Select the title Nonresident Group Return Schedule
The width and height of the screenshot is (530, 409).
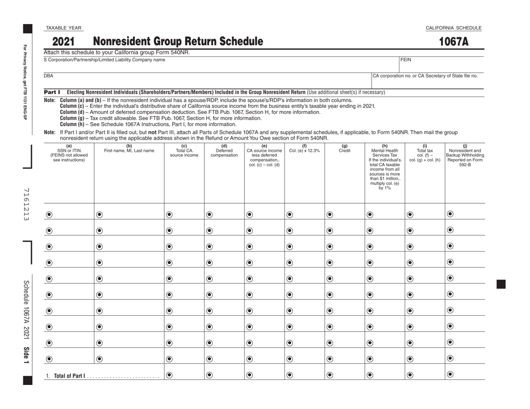coord(177,41)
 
